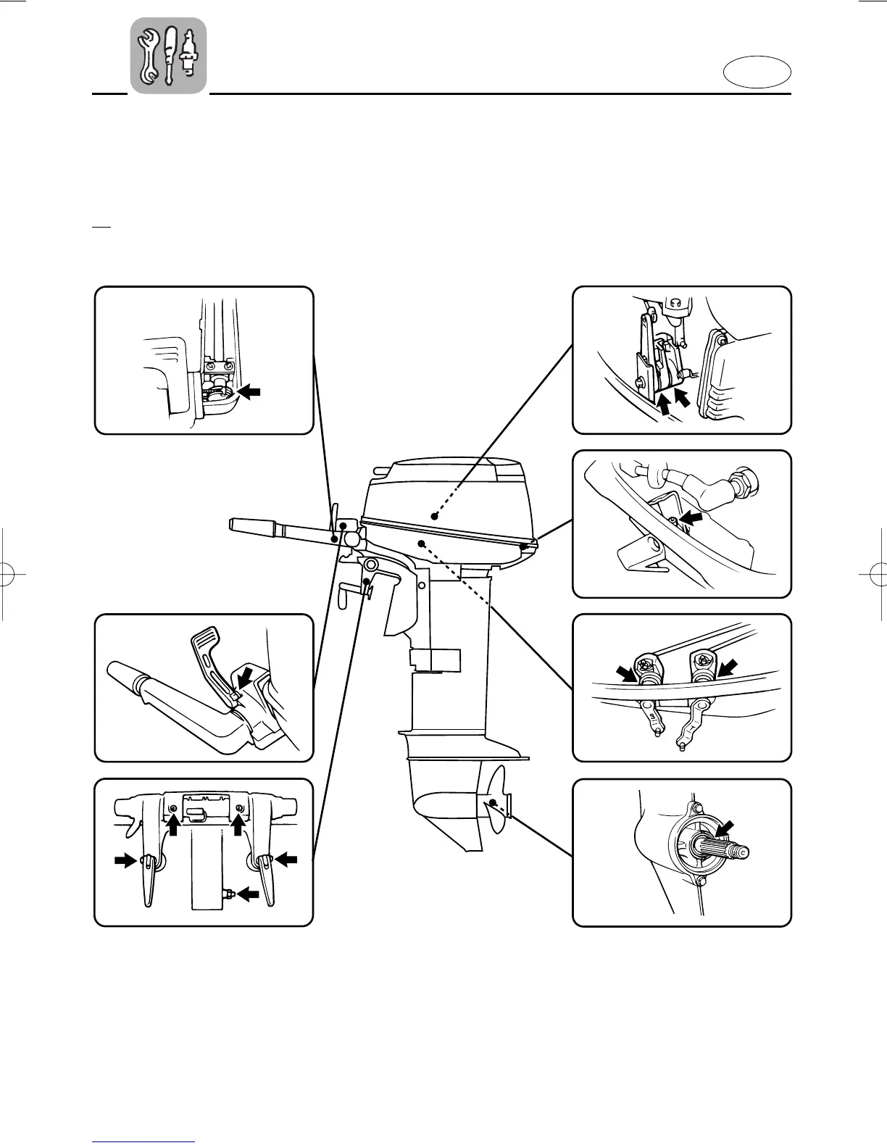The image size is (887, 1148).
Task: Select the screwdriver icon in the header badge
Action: pos(170,54)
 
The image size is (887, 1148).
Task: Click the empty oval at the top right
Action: pos(757,74)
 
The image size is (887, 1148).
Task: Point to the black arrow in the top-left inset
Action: pos(249,391)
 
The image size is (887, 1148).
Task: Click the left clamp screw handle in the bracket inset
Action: pos(147,877)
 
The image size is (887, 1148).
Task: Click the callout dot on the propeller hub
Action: pos(493,802)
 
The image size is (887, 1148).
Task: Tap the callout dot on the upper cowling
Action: pos(433,516)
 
